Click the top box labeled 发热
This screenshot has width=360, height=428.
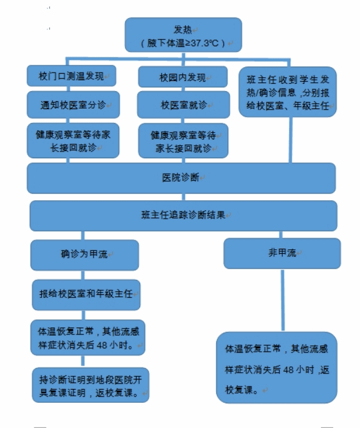(183, 35)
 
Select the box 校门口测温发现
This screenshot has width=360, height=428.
(71, 76)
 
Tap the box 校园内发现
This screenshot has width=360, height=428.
(183, 77)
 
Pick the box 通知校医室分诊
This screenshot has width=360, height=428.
(73, 105)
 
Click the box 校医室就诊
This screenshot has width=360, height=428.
(183, 105)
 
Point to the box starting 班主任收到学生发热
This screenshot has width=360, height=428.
(288, 92)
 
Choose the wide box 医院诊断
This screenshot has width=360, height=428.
(181, 178)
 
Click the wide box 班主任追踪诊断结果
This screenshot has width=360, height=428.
(183, 216)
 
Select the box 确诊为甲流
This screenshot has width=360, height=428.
(84, 255)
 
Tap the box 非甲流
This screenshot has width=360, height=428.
(282, 254)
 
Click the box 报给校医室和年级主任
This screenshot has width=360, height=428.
(86, 295)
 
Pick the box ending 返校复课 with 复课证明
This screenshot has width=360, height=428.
(90, 385)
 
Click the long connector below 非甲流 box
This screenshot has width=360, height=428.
(283, 300)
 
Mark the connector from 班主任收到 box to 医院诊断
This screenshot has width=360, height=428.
(291, 140)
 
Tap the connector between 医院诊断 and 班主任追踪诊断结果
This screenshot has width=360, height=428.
(183, 197)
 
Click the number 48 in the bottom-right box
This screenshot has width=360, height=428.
(288, 370)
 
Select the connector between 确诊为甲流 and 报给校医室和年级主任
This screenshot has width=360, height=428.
(83, 275)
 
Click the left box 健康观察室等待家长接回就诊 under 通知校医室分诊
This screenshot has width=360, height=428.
(73, 141)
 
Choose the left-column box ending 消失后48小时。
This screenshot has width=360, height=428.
(88, 337)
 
